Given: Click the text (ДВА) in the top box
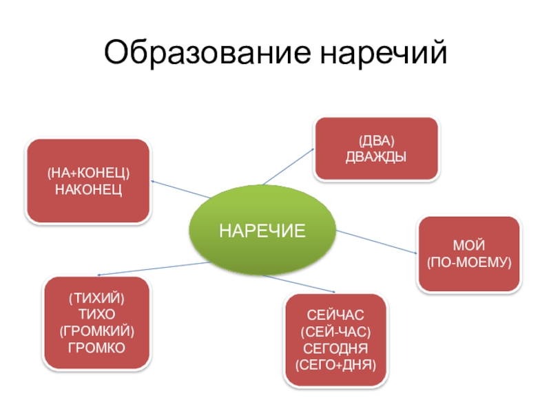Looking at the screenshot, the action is [375, 142].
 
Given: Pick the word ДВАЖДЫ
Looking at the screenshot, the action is [375, 157].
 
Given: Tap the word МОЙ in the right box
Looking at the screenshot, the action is [468, 246].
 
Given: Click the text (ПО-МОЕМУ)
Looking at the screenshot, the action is [468, 262].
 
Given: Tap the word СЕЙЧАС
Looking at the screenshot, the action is [335, 315].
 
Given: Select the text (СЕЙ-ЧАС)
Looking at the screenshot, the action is [335, 331].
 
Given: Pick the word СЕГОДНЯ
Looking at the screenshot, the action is [335, 347].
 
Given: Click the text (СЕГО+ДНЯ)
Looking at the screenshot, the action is [335, 363].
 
